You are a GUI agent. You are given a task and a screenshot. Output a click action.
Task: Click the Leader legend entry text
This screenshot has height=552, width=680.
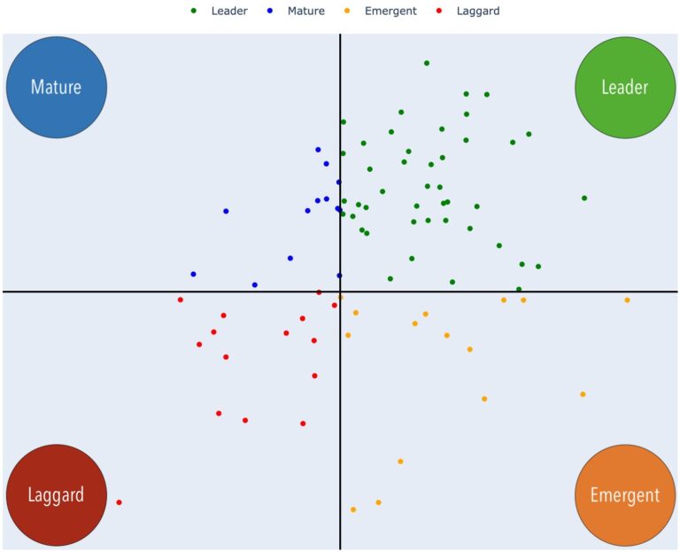click(x=229, y=11)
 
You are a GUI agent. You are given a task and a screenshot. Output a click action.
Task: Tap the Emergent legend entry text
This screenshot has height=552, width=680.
click(x=390, y=11)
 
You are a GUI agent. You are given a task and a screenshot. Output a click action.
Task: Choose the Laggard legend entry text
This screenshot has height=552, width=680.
click(x=478, y=11)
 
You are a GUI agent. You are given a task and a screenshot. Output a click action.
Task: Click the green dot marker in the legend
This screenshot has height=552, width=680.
click(x=194, y=11)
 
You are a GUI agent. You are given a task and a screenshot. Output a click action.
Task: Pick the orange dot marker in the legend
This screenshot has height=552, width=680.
click(x=347, y=11)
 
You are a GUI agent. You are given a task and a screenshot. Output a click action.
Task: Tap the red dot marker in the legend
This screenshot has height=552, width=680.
click(x=439, y=11)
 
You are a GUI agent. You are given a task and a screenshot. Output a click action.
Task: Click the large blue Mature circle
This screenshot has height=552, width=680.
click(x=56, y=87)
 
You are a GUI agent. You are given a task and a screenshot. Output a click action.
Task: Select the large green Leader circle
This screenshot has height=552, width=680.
click(x=624, y=87)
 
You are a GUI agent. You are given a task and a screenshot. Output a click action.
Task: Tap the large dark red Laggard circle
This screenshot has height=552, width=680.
click(x=56, y=494)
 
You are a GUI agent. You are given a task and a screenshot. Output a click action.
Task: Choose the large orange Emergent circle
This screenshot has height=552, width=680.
click(x=624, y=494)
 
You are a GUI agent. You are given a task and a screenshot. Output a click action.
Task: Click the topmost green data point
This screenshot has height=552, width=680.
click(x=427, y=63)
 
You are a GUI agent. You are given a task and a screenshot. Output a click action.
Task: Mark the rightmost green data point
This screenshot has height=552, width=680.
click(x=584, y=198)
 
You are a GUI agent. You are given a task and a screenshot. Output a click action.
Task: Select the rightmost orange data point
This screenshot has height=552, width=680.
click(x=627, y=300)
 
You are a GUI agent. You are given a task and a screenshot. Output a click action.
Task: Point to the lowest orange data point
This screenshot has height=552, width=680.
click(x=353, y=509)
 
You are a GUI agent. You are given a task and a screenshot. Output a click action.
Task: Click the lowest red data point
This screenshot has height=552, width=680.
click(x=120, y=502)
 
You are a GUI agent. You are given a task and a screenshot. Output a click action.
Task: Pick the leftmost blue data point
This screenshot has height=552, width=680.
click(x=193, y=275)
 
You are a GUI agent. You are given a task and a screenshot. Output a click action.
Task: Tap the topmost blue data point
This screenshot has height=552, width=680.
click(x=318, y=150)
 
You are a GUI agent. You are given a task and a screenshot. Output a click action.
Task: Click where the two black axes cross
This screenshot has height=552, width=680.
click(x=340, y=292)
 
